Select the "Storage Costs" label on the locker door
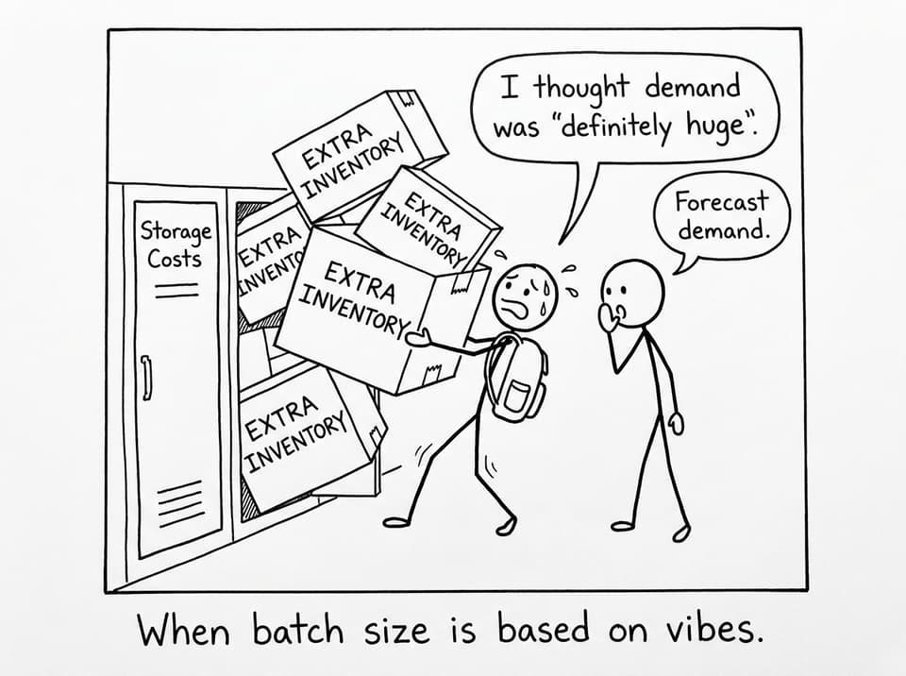(176, 245)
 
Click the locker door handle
(147, 377)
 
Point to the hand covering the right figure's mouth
(608, 318)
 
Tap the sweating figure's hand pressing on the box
(419, 337)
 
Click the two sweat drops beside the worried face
(571, 281)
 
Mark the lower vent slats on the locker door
(181, 502)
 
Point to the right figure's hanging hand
(677, 423)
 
